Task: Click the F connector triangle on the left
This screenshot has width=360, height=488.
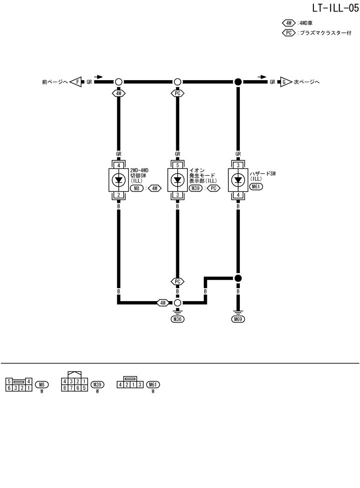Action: point(76,82)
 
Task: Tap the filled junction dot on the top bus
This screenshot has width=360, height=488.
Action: point(238,82)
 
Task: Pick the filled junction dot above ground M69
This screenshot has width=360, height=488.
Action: point(238,278)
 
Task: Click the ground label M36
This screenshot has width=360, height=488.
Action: point(177,319)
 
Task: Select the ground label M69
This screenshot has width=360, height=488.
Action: point(238,319)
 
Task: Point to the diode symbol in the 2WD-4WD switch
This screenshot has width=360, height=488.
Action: point(119,179)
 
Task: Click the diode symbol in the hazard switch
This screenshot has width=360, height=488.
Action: point(238,179)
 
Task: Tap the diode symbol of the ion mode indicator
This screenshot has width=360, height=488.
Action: point(177,179)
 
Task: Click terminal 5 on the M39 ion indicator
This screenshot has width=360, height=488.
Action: point(177,165)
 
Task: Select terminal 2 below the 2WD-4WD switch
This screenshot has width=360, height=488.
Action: point(119,195)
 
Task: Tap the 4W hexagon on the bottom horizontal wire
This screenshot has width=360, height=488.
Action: point(163,303)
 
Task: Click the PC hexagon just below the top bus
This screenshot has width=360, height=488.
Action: point(177,93)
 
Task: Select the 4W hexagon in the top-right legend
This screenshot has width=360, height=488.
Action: point(289,23)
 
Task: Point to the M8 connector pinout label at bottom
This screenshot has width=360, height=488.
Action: point(43,385)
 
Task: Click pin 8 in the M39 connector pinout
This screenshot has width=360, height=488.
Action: point(65,387)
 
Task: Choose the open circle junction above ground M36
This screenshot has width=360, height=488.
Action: point(177,303)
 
